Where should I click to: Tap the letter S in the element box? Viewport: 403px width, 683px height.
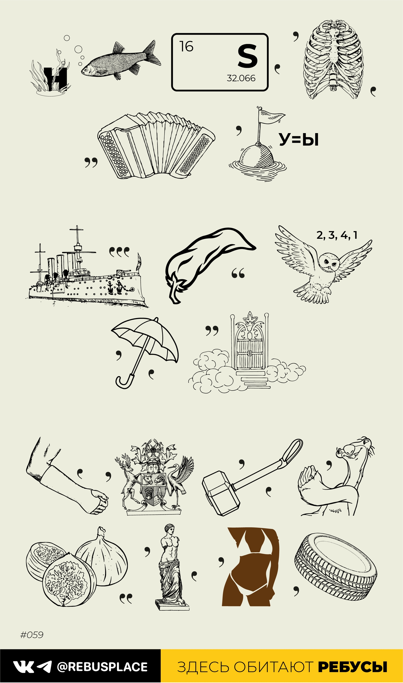247,57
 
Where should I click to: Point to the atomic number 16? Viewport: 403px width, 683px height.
186,46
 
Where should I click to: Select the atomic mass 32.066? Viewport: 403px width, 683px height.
241,78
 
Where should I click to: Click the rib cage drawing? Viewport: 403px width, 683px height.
334,60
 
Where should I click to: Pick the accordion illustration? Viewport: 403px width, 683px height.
156,145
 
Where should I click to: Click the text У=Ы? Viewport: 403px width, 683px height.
299,140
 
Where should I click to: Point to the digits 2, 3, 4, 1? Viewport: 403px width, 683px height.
337,235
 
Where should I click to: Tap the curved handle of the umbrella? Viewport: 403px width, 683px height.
125,381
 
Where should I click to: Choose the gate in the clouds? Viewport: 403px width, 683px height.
249,345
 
